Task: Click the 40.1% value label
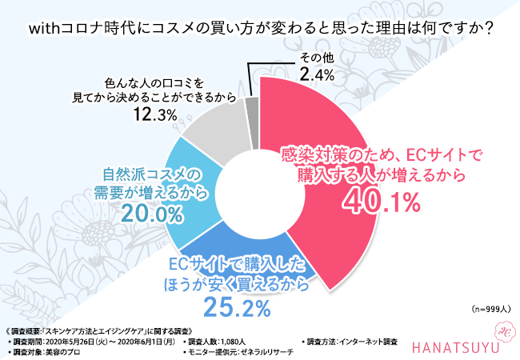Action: point(382,202)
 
